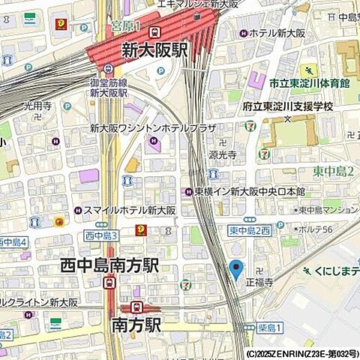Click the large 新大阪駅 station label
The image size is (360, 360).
(156, 51)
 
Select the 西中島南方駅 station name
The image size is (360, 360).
(109, 265)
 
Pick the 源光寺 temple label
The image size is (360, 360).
(223, 154)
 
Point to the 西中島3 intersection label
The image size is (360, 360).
(100, 235)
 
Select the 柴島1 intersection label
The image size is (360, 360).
(268, 328)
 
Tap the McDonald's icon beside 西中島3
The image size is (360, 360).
(140, 230)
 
